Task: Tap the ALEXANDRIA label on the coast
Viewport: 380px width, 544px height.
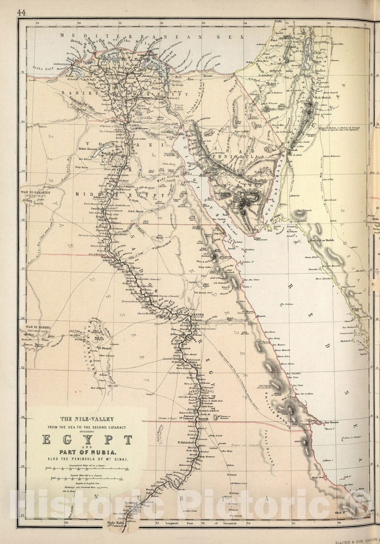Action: point(63,64)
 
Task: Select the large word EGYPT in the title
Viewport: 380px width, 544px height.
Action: point(87,440)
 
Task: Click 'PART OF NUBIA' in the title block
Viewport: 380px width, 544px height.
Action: point(88,453)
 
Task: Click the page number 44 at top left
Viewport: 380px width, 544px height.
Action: point(22,13)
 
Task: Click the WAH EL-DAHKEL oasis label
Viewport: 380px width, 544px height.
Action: point(38,328)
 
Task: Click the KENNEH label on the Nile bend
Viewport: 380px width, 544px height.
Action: point(198,315)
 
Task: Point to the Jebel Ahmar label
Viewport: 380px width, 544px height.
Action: point(135,211)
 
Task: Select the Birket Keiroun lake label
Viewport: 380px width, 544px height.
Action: point(88,149)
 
